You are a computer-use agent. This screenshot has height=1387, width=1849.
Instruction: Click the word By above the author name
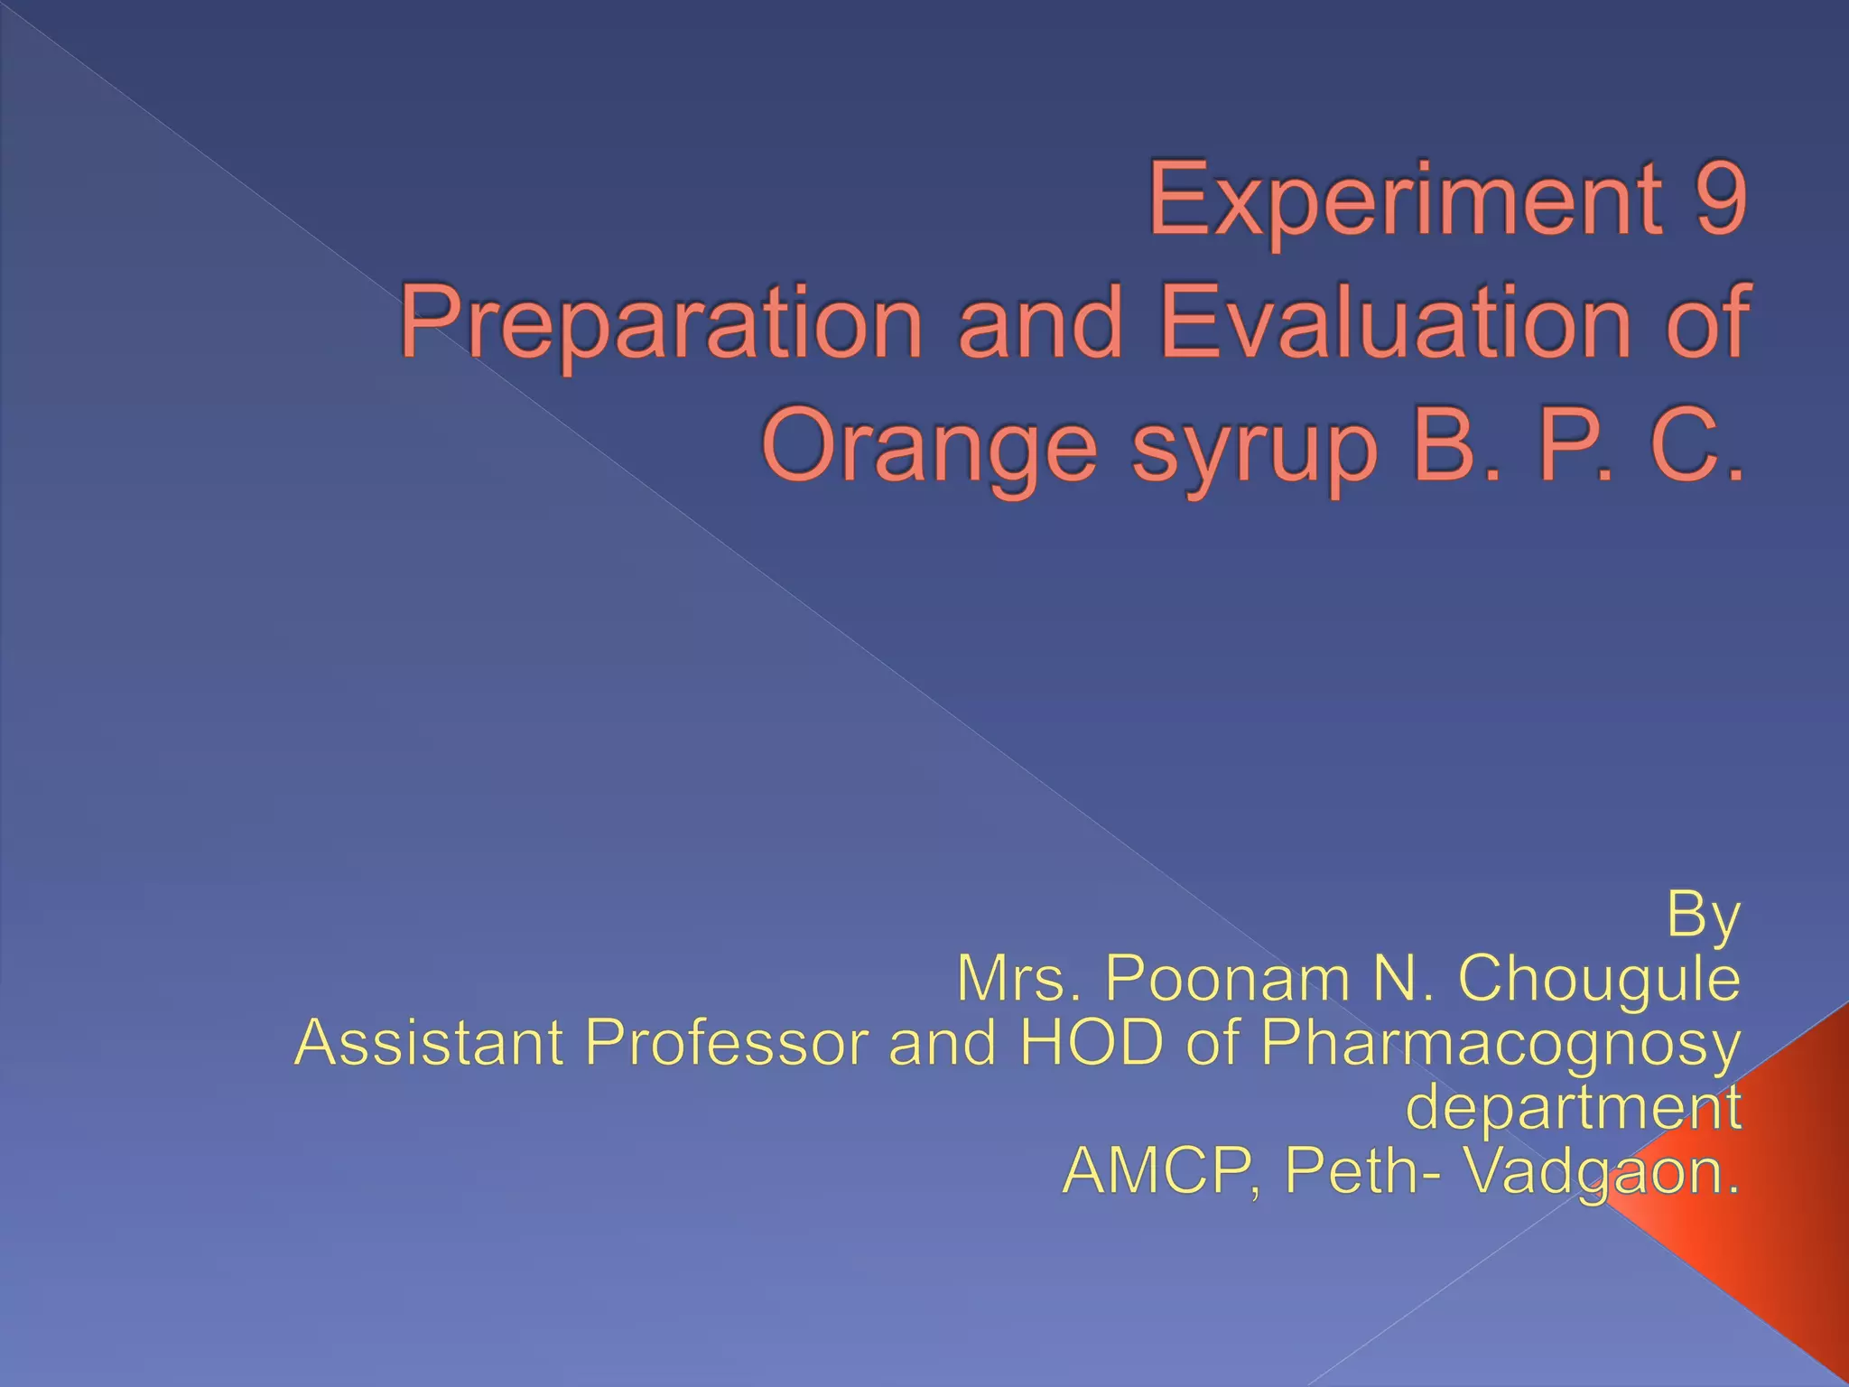(x=1703, y=916)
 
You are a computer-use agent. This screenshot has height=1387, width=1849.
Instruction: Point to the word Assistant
(x=430, y=1042)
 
